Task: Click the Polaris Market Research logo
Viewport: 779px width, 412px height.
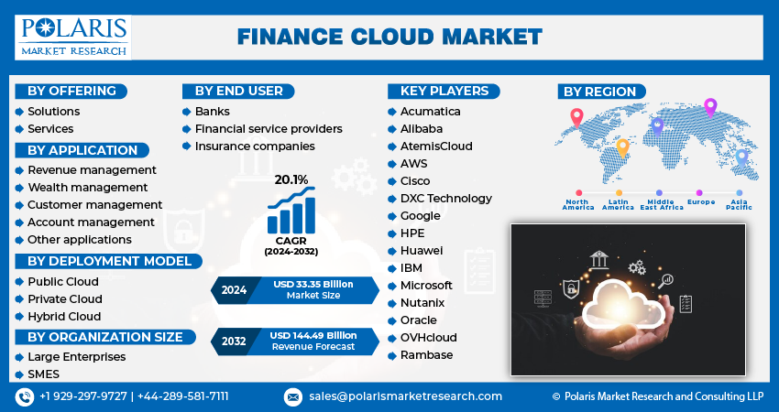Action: pyautogui.click(x=73, y=38)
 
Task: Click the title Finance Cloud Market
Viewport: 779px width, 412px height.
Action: pyautogui.click(x=389, y=38)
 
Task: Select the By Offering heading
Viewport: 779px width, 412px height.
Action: pyautogui.click(x=71, y=92)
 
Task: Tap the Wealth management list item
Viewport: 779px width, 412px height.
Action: pyautogui.click(x=87, y=187)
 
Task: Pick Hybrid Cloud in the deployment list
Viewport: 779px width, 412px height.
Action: pyautogui.click(x=64, y=316)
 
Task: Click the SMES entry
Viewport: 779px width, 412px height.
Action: pyautogui.click(x=43, y=374)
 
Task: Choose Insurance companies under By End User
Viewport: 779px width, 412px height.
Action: pyautogui.click(x=255, y=146)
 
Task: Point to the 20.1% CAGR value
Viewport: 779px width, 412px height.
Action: pyautogui.click(x=291, y=179)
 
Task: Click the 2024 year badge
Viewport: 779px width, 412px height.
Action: pyautogui.click(x=234, y=290)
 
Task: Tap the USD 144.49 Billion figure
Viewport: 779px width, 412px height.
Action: pyautogui.click(x=313, y=336)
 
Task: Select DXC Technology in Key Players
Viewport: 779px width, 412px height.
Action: pyautogui.click(x=446, y=199)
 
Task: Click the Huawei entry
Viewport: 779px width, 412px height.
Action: pyautogui.click(x=422, y=251)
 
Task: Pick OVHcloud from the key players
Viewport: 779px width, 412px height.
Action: pyautogui.click(x=428, y=338)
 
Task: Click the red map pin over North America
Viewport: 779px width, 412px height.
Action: pyautogui.click(x=576, y=117)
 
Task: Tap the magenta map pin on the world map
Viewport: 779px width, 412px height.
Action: pyautogui.click(x=710, y=107)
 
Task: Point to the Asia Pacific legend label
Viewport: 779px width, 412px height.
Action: pyautogui.click(x=739, y=204)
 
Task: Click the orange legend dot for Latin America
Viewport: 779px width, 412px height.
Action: pyautogui.click(x=619, y=192)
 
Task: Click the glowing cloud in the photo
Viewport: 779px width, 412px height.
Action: pyautogui.click(x=623, y=305)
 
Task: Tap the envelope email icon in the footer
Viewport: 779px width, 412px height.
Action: pyautogui.click(x=292, y=396)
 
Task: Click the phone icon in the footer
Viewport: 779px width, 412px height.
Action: pyautogui.click(x=25, y=396)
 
